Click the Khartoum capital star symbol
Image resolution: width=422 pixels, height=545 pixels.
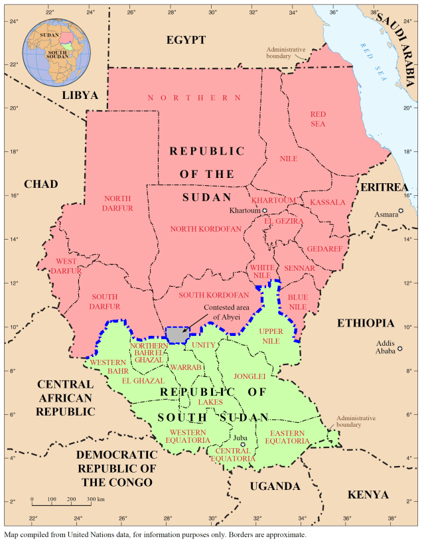pyautogui.click(x=264, y=210)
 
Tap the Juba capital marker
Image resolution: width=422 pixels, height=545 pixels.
pyautogui.click(x=243, y=445)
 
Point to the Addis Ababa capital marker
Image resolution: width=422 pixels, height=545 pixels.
pyautogui.click(x=400, y=349)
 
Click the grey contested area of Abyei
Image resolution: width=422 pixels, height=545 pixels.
pyautogui.click(x=177, y=335)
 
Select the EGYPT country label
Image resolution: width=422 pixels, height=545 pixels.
pyautogui.click(x=186, y=40)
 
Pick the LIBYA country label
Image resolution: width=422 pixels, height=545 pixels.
pyautogui.click(x=80, y=96)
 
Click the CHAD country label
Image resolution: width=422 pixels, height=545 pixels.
pyautogui.click(x=40, y=184)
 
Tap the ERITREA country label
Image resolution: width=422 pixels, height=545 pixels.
pyautogui.click(x=384, y=188)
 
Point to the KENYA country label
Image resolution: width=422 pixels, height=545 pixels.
pyautogui.click(x=368, y=495)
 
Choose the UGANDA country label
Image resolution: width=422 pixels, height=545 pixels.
pyautogui.click(x=275, y=487)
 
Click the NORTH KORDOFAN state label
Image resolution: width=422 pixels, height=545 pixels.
pyautogui.click(x=206, y=229)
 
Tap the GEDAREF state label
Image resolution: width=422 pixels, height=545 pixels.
pyautogui.click(x=323, y=249)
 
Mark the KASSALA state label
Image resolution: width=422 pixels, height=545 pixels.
pyautogui.click(x=328, y=202)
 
